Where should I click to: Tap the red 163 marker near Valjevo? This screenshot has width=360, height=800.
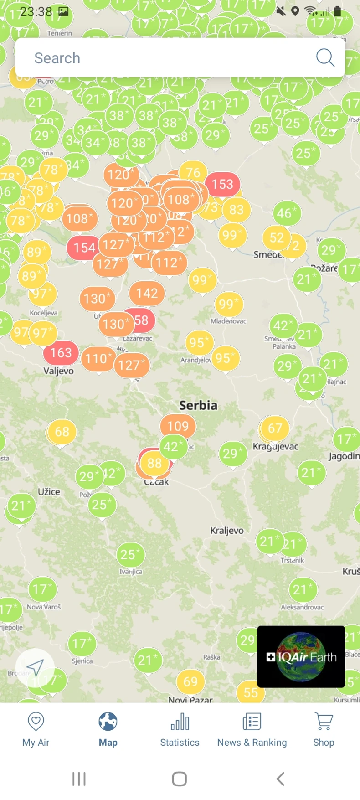tap(61, 352)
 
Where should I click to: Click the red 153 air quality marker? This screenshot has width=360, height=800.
tap(222, 184)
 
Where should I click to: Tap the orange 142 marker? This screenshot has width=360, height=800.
tap(147, 293)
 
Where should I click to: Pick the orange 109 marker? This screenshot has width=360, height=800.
tap(178, 426)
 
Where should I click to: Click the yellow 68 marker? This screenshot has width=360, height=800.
tap(62, 432)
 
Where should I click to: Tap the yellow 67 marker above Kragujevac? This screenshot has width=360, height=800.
tap(275, 428)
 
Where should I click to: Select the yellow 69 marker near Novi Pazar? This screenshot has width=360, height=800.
tap(190, 681)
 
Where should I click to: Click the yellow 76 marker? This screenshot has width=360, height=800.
tap(193, 172)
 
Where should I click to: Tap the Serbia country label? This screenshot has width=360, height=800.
tap(198, 405)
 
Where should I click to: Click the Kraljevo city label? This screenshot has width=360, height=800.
tap(226, 531)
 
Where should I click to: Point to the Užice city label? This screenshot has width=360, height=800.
tap(49, 492)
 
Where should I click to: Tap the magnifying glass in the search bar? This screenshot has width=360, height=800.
tap(325, 57)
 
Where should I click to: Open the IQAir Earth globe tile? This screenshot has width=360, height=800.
tap(301, 656)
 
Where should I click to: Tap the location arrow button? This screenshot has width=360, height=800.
tap(35, 668)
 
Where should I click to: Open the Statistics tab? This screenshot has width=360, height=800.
tap(180, 729)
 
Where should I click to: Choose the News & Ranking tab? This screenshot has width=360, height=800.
tap(252, 729)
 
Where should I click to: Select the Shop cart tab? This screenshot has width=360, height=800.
tap(324, 729)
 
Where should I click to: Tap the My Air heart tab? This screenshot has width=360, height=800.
tap(36, 729)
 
